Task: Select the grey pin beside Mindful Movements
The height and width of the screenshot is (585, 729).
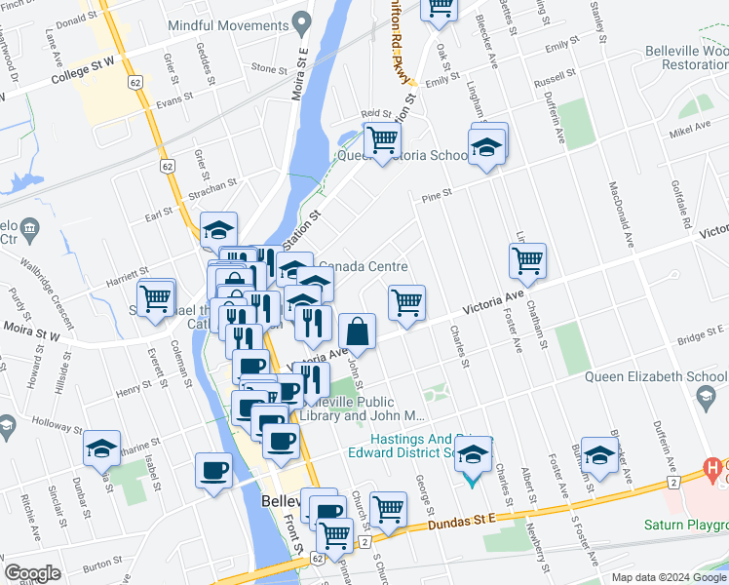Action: (302, 21)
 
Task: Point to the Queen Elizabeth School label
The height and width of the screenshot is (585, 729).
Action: (638, 377)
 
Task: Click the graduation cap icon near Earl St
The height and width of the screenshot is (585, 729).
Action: (219, 230)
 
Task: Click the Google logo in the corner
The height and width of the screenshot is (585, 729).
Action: (32, 573)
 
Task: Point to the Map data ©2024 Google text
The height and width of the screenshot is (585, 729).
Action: (668, 577)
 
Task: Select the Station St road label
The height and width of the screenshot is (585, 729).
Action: (301, 229)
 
